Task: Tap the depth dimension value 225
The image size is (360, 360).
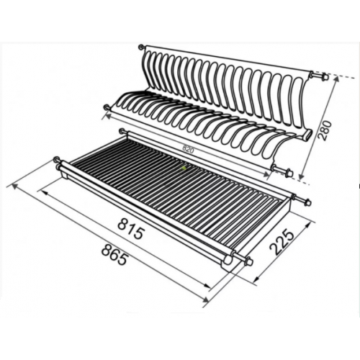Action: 282,243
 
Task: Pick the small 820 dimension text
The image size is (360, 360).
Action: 188,148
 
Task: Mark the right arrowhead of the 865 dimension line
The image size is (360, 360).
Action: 204,299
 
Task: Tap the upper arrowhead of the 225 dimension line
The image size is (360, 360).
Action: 308,224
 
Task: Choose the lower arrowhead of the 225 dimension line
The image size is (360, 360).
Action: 257,278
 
